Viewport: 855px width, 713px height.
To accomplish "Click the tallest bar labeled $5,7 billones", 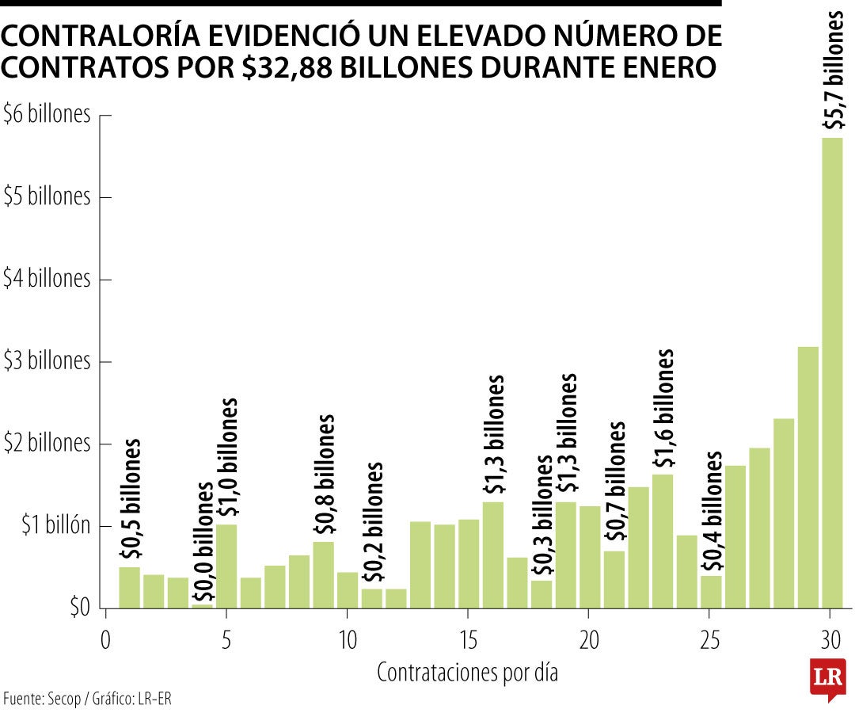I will (832, 372).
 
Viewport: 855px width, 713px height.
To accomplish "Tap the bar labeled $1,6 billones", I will (663, 541).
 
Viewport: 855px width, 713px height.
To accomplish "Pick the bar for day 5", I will (226, 566).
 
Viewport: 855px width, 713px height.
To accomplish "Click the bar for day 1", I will (130, 587).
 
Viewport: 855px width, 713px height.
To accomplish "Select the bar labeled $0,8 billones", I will (323, 574).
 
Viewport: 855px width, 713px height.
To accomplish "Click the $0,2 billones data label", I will (372, 523).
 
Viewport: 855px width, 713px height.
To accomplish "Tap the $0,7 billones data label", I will (614, 482).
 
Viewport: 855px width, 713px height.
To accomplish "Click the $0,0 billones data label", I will (203, 542).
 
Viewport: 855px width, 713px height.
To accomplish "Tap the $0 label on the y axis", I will (78, 608).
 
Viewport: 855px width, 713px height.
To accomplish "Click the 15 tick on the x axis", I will (468, 639).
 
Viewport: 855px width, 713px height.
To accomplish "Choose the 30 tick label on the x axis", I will (830, 639).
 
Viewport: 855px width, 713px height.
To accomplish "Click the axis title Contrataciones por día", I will (467, 673).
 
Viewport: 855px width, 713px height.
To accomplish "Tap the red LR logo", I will (827, 678).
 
